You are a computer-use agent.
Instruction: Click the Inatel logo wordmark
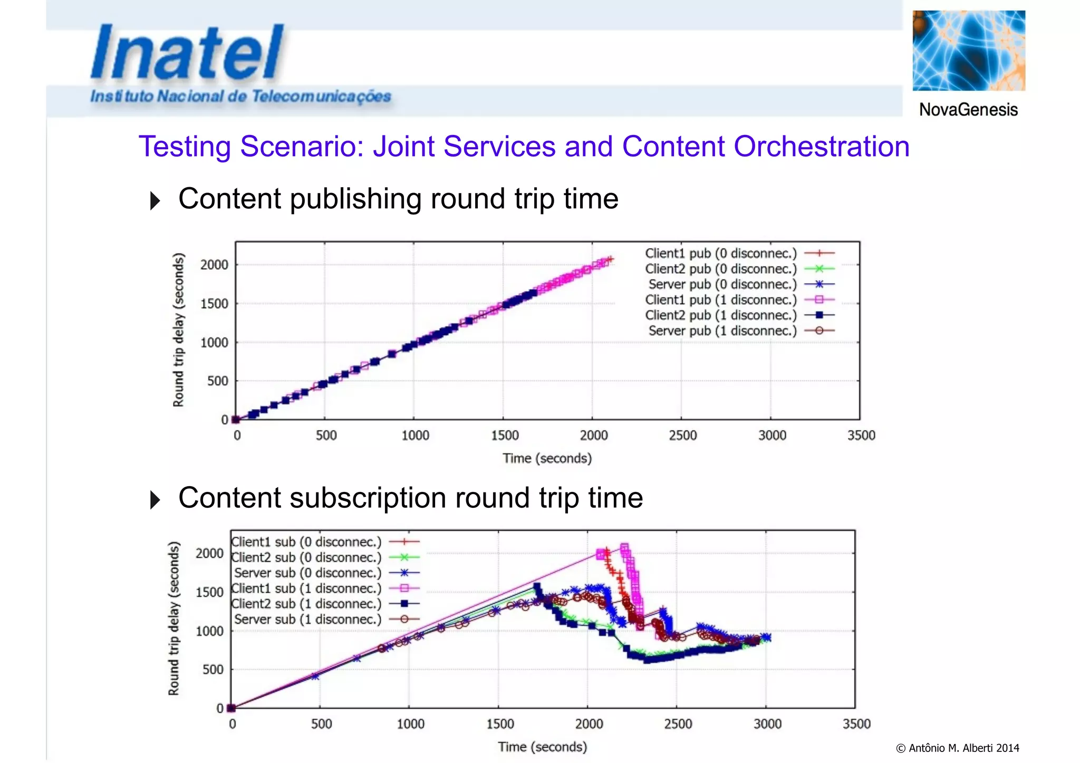coord(187,53)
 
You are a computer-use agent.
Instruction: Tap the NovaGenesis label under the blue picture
coord(968,110)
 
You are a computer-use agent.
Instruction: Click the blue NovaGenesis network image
coord(969,51)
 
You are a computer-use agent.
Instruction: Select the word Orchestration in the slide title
coord(822,147)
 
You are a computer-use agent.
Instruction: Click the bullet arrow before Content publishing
coord(155,200)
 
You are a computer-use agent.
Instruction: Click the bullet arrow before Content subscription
coord(155,499)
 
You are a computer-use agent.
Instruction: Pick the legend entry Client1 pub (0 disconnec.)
coord(721,254)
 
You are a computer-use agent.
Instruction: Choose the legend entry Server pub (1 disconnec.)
coord(722,331)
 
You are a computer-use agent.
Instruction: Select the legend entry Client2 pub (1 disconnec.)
coord(721,315)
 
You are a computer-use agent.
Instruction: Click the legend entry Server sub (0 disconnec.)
coord(307,573)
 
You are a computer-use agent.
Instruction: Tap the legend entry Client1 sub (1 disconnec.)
coord(306,588)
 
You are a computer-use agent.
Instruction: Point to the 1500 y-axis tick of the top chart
coord(214,304)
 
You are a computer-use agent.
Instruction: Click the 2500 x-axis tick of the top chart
coord(683,436)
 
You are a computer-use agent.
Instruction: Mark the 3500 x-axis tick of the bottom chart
coord(856,724)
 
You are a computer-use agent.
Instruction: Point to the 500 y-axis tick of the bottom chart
coord(213,670)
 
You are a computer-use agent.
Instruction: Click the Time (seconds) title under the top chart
coord(547,458)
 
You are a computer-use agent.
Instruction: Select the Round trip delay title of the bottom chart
coord(174,618)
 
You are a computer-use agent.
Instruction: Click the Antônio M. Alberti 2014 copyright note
coord(957,748)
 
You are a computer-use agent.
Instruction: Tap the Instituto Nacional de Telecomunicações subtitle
coord(240,96)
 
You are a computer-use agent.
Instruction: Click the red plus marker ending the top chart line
coord(610,259)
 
